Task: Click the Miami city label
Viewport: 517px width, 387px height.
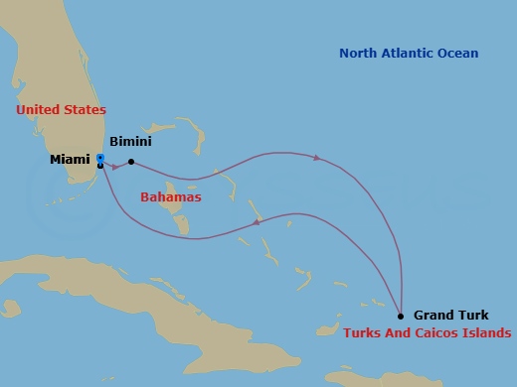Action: coord(70,159)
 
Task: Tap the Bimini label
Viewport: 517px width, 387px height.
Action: coord(129,143)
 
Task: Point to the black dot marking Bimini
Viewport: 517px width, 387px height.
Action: coord(131,162)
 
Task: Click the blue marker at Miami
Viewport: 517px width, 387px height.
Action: coord(100,159)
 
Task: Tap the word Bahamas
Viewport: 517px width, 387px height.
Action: coord(170,197)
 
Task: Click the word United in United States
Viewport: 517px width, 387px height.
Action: coord(38,110)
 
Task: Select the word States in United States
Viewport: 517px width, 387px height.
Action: coord(85,110)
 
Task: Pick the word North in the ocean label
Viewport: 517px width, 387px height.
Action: coord(359,54)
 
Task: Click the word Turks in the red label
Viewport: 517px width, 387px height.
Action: coord(364,333)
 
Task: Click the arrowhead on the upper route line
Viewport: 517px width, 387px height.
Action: coord(316,158)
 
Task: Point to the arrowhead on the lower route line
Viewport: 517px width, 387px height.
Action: coord(257,222)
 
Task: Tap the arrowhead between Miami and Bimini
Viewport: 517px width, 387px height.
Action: coord(115,167)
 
